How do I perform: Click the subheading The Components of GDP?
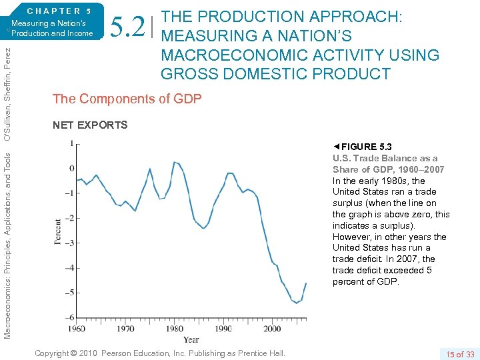coord(126,99)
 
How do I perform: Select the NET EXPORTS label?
coord(89,125)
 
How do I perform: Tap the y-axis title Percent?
coord(58,231)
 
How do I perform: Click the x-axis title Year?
coord(191,339)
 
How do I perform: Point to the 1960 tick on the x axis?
coord(77,329)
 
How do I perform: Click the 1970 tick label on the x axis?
coord(125,329)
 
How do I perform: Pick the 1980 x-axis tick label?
coord(175,329)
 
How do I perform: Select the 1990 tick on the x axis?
coord(223,329)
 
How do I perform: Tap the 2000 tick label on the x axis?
coord(272,329)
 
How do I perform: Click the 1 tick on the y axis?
coord(71,143)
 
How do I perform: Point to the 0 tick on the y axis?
coord(71,168)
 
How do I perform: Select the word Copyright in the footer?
coord(55,353)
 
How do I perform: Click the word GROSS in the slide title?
coord(188,73)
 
